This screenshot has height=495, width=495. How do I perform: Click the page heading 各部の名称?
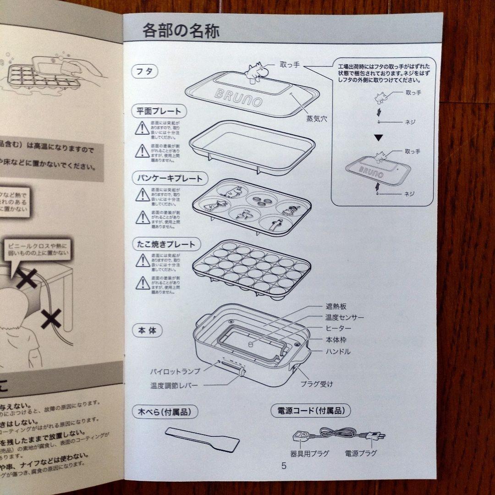click(x=181, y=31)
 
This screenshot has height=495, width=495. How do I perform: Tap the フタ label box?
click(x=144, y=71)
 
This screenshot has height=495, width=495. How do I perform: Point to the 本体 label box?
click(x=147, y=330)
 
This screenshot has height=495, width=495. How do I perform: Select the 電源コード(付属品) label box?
click(x=311, y=410)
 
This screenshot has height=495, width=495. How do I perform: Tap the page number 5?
click(x=284, y=466)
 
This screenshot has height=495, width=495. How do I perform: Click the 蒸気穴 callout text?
click(x=317, y=118)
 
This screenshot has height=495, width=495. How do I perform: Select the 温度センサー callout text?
click(x=345, y=317)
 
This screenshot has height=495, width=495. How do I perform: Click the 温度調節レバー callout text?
click(x=174, y=385)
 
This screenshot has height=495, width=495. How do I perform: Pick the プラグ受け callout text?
click(x=317, y=384)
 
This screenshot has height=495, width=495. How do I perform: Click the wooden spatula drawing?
click(x=202, y=438)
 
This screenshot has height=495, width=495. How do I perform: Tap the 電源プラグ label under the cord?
click(x=361, y=453)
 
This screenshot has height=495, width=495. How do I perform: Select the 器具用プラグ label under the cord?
click(x=309, y=453)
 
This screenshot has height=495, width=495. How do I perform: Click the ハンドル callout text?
click(x=338, y=352)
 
